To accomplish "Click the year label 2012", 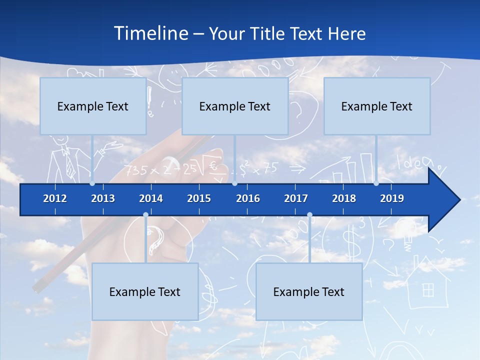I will tap(55, 198).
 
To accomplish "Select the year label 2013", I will tap(103, 198).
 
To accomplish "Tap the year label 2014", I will tap(151, 198).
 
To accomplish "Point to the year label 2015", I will tap(199, 198).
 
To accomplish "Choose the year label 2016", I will tap(248, 198).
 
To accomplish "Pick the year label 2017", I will tap(296, 198).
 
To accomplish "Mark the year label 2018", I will tap(344, 198).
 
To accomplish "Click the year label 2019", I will tap(392, 198).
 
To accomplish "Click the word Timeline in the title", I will tap(150, 33).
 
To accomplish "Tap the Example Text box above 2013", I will tap(93, 106).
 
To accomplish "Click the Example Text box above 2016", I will tap(235, 106).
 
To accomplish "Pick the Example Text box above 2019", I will tap(377, 106).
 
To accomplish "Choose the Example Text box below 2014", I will tap(145, 291).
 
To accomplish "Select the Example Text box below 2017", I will tap(309, 291).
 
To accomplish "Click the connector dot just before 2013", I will tap(92, 183).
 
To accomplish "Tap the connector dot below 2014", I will tap(145, 215).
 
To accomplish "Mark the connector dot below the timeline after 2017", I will tap(309, 215).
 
